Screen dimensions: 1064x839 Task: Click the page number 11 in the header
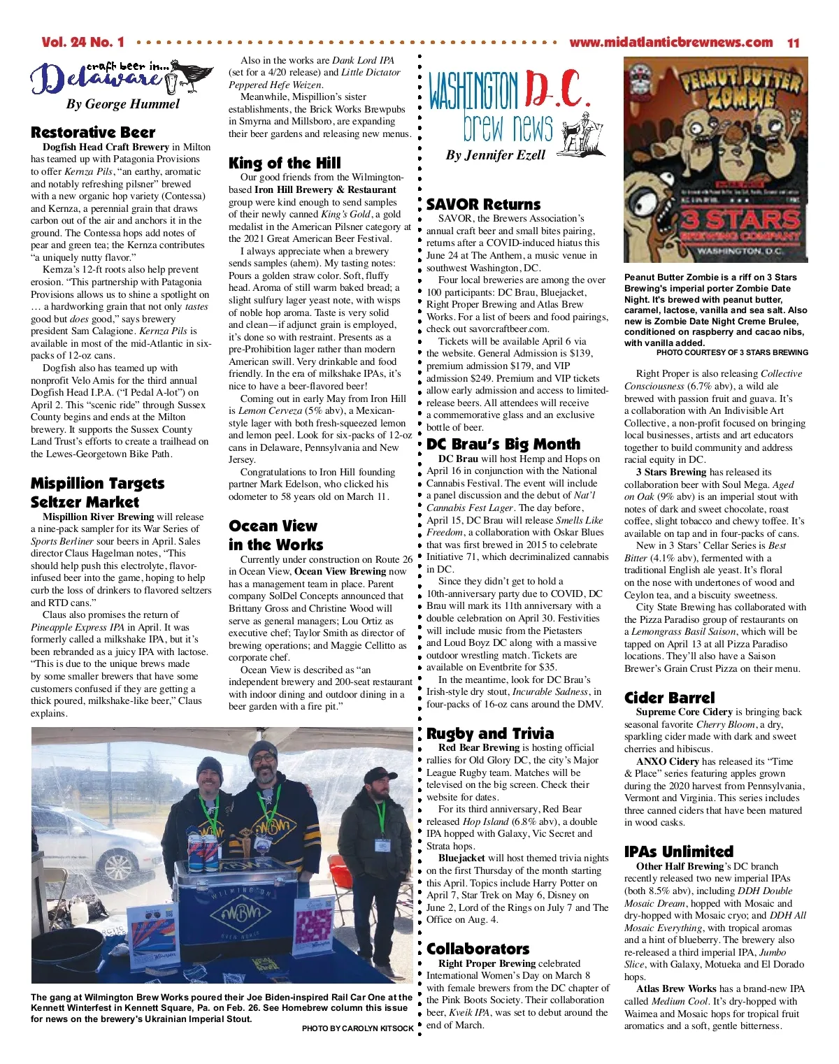793,43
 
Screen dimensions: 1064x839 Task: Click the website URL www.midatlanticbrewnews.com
671,43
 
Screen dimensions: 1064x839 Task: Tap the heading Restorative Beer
93,132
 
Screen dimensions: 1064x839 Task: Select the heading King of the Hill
285,163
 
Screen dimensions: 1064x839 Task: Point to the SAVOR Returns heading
483,204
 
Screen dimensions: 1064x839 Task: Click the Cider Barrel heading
669,697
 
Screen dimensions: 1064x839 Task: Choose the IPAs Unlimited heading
678,851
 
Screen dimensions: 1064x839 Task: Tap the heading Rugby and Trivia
489,733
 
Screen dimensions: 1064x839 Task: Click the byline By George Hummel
122,104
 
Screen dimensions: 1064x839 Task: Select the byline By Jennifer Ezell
495,155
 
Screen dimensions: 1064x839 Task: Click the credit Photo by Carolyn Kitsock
357,1028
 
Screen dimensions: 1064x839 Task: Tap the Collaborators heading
478,949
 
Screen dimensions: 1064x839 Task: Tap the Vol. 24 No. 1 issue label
83,43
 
